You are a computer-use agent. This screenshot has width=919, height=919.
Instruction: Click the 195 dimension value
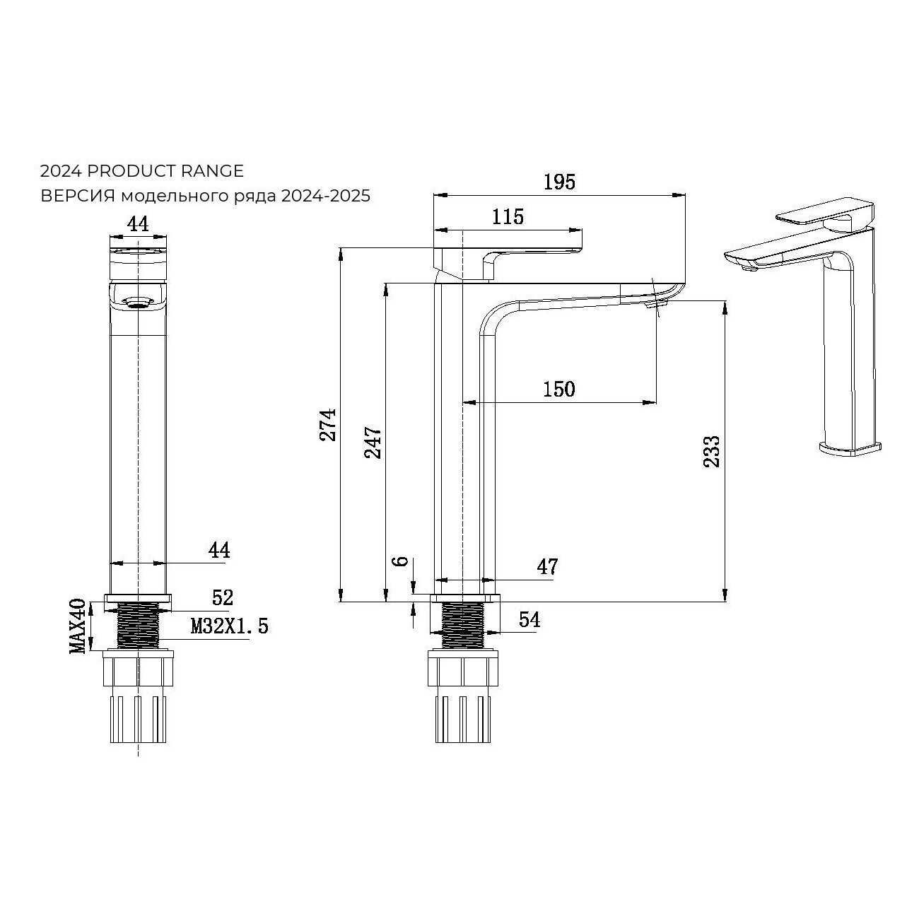click(559, 182)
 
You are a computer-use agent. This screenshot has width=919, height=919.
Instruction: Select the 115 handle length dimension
click(508, 217)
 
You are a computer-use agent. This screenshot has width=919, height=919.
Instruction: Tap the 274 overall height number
click(328, 425)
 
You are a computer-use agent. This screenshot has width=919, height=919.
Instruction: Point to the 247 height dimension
click(373, 442)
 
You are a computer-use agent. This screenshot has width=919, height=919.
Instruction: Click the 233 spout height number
click(712, 452)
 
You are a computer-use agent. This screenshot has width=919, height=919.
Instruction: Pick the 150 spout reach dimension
click(559, 390)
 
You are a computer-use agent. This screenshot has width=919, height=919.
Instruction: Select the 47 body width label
click(547, 567)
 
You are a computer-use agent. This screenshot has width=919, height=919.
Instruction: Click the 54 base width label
click(530, 620)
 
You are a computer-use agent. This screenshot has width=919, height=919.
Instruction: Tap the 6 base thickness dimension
click(402, 561)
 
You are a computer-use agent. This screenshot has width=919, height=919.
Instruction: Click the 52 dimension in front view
click(223, 597)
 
